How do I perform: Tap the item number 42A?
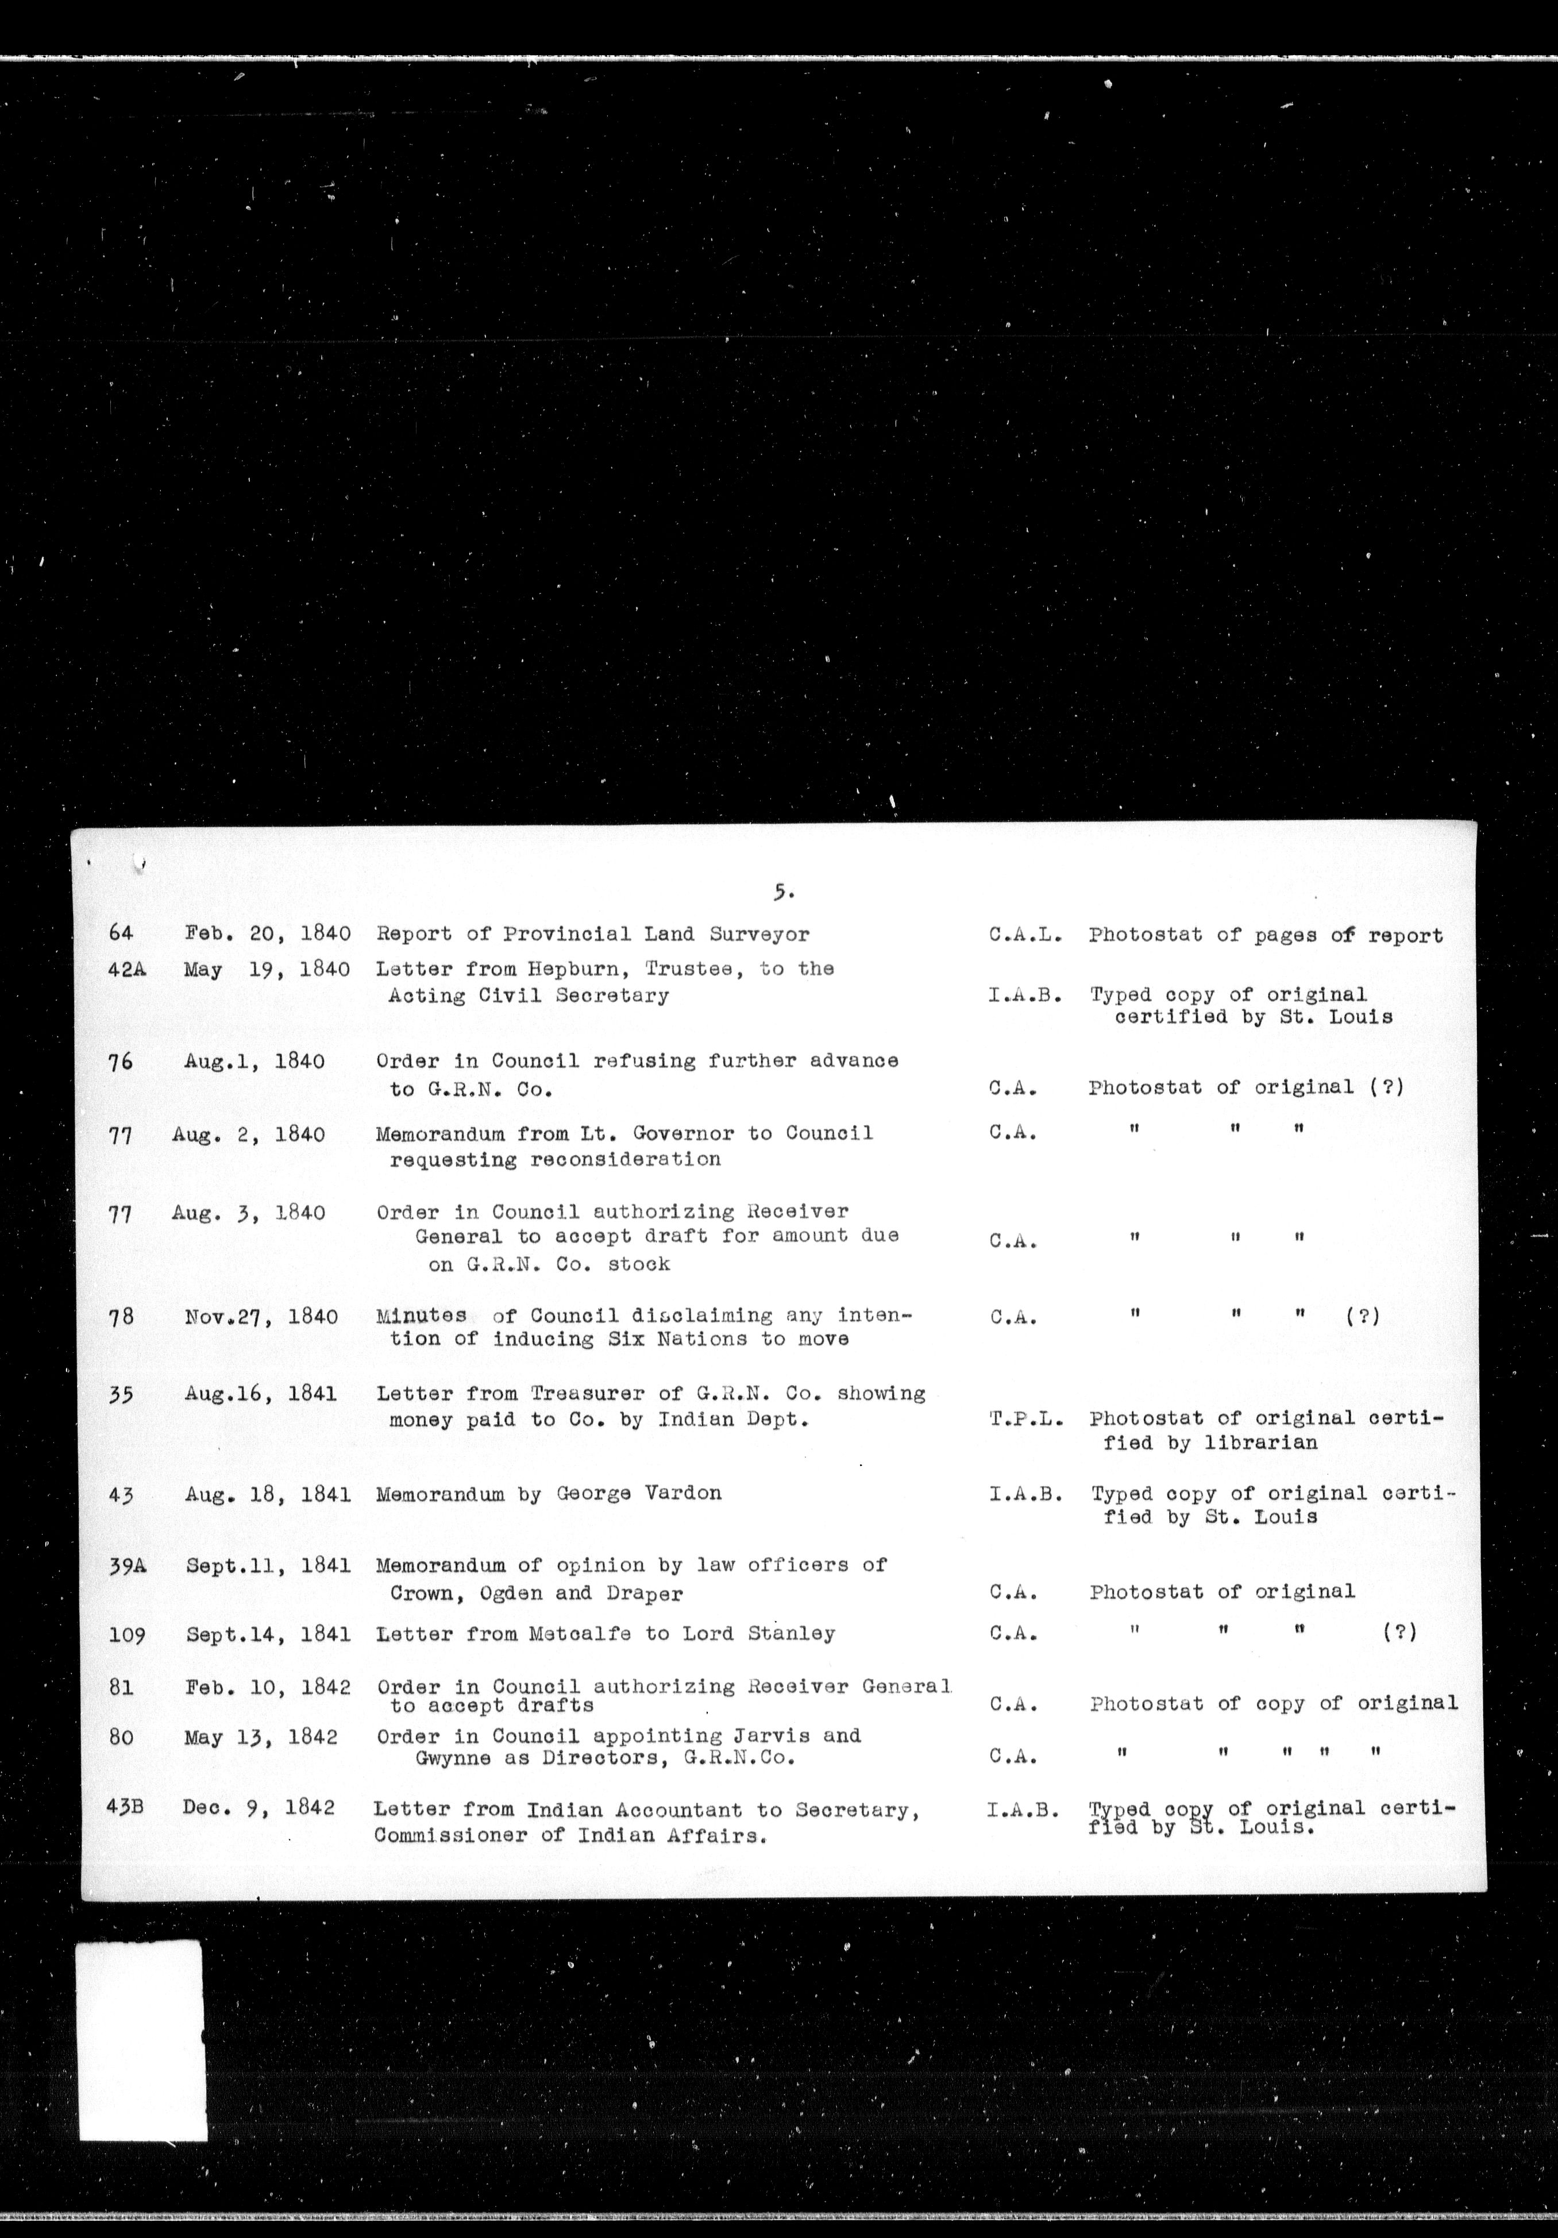click(127, 970)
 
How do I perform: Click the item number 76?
click(120, 1062)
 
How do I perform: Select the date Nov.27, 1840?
click(261, 1317)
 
